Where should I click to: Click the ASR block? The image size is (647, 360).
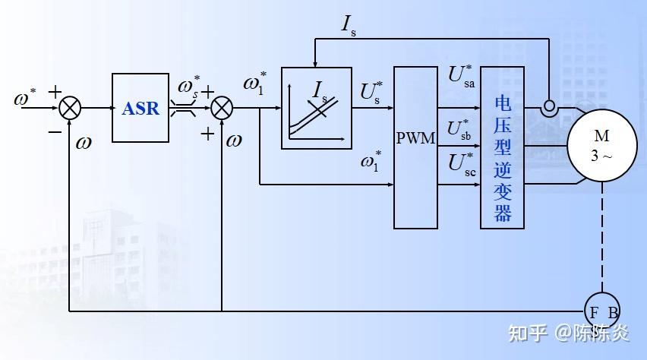(140, 108)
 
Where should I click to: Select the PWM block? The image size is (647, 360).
(415, 147)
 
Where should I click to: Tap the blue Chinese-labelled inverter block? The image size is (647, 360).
(502, 147)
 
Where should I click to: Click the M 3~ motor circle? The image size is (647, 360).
(602, 145)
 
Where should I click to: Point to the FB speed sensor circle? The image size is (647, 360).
(602, 311)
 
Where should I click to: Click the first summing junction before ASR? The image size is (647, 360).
(70, 108)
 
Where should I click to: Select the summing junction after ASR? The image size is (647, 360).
(222, 108)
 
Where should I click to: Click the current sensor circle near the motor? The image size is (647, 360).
(549, 106)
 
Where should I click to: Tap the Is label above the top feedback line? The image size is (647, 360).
(349, 25)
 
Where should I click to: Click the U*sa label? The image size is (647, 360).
(461, 76)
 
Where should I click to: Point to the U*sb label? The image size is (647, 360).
(459, 130)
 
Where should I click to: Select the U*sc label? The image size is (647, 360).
(462, 164)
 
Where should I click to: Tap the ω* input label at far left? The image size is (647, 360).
(25, 96)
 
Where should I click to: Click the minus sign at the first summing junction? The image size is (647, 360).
(55, 132)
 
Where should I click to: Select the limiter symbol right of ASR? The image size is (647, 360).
(183, 109)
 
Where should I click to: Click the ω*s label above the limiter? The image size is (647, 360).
(189, 87)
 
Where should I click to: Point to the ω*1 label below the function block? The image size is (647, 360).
(371, 160)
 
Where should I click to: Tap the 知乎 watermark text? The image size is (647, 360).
(528, 333)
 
